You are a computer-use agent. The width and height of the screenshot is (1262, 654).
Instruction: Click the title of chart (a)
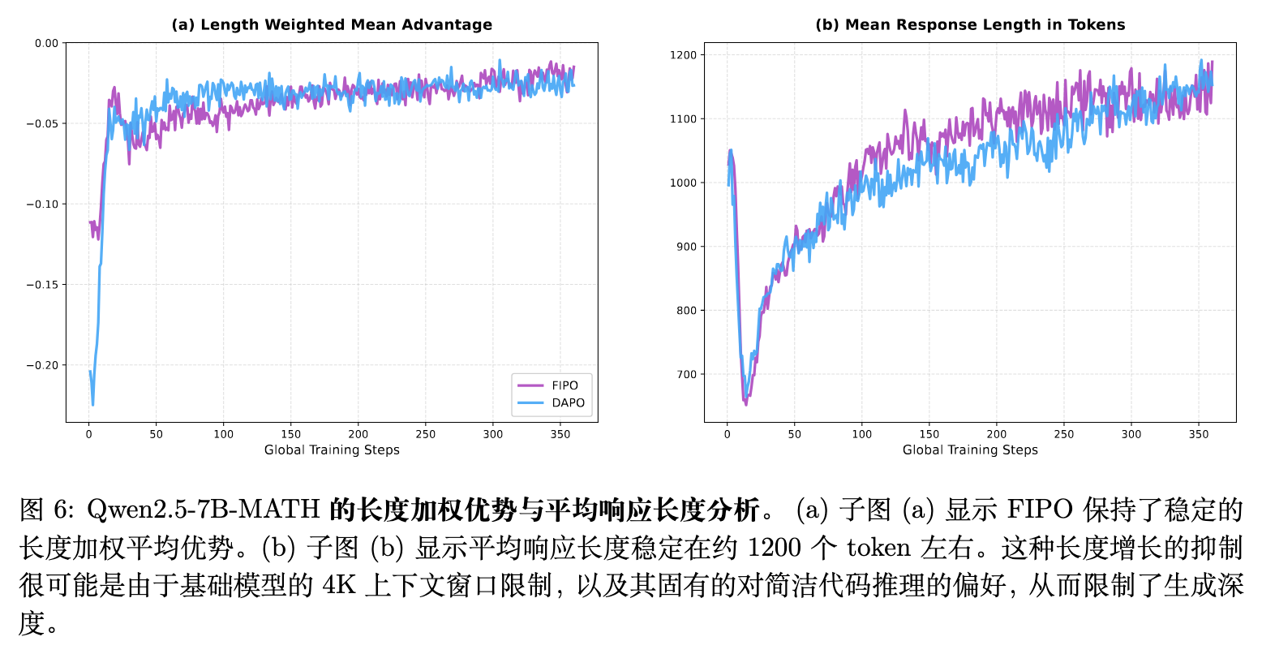(332, 24)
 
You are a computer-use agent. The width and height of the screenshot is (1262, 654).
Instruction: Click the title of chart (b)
(970, 24)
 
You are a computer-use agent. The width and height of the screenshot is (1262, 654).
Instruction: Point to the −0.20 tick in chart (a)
(42, 365)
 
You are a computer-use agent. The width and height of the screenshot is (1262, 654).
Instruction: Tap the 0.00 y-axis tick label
(46, 43)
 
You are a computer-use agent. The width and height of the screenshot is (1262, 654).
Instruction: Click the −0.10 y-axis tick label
(42, 204)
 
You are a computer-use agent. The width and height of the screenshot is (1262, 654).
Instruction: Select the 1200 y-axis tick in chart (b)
(683, 55)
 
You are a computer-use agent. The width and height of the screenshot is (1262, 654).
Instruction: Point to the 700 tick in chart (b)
(686, 375)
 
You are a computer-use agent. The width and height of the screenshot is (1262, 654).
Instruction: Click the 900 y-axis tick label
(686, 247)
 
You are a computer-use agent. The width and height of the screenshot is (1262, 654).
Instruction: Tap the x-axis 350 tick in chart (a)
(560, 434)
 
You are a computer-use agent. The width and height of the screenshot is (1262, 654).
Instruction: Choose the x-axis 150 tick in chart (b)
(929, 434)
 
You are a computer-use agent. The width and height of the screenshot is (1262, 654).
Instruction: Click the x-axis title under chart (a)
(332, 450)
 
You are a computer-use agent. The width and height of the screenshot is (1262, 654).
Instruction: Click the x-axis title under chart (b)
(970, 450)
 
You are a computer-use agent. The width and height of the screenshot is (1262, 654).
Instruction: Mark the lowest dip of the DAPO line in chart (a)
(92, 404)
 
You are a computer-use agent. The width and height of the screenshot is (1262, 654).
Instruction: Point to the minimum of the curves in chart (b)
(745, 402)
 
